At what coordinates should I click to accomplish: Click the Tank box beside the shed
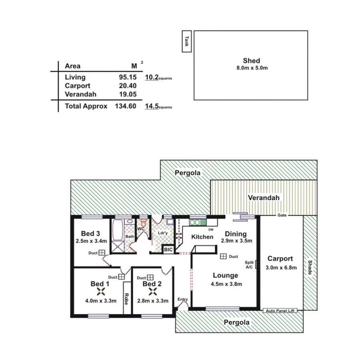tap(186, 41)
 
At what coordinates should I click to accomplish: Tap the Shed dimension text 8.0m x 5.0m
tap(251, 68)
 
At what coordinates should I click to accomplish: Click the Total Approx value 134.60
tap(126, 106)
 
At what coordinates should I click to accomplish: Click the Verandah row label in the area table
tap(79, 94)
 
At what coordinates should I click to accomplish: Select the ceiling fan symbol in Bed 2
tap(153, 293)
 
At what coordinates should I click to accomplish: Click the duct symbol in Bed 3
tap(102, 253)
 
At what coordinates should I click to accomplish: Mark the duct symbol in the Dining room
tap(222, 256)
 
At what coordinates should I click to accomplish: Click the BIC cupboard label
tap(168, 250)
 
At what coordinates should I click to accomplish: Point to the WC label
tap(141, 229)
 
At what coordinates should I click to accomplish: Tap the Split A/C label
tap(249, 264)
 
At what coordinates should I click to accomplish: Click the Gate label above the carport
tap(282, 215)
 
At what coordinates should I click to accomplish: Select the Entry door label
tap(182, 299)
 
